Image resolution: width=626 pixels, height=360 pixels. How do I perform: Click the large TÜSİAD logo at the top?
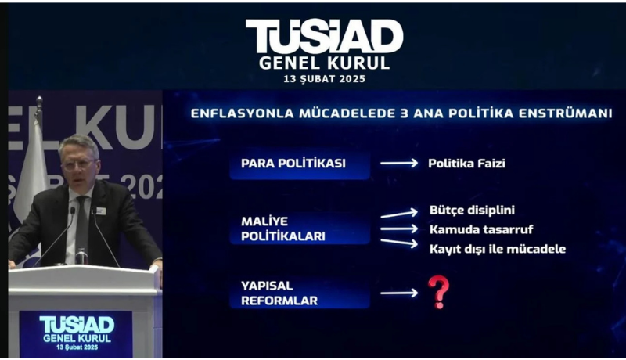pyautogui.click(x=324, y=36)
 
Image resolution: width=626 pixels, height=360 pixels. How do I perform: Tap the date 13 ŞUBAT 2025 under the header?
pyautogui.click(x=324, y=79)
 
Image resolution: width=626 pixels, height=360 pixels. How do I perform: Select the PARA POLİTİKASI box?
pyautogui.click(x=300, y=164)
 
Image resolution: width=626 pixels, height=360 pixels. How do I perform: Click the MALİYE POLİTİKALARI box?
pyautogui.click(x=300, y=229)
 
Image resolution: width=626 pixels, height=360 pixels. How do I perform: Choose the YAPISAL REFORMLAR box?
pyautogui.click(x=300, y=293)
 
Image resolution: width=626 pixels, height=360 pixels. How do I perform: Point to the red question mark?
pyautogui.click(x=438, y=292)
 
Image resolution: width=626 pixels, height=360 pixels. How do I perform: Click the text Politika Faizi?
pyautogui.click(x=466, y=164)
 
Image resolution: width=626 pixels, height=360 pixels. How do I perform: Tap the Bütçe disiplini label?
pyautogui.click(x=473, y=211)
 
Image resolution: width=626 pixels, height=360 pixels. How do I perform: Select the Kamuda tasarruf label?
pyautogui.click(x=481, y=229)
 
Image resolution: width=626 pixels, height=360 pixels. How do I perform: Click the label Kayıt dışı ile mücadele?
pyautogui.click(x=498, y=249)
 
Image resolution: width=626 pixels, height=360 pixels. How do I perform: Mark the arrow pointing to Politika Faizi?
pyautogui.click(x=399, y=164)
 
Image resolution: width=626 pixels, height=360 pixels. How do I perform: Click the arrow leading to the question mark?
pyautogui.click(x=399, y=293)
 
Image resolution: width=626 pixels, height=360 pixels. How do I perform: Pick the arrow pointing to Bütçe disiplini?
pyautogui.click(x=399, y=214)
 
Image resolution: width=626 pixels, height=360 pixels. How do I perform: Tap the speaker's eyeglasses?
pyautogui.click(x=78, y=164)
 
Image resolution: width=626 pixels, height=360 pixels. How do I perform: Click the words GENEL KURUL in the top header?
pyautogui.click(x=324, y=63)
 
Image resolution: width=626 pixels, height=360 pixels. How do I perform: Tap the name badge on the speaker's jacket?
pyautogui.click(x=101, y=211)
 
